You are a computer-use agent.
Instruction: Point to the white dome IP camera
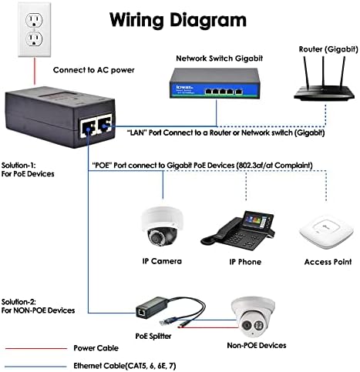(160, 223)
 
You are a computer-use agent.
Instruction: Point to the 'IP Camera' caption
(161, 261)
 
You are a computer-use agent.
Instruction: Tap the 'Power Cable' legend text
(97, 348)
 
